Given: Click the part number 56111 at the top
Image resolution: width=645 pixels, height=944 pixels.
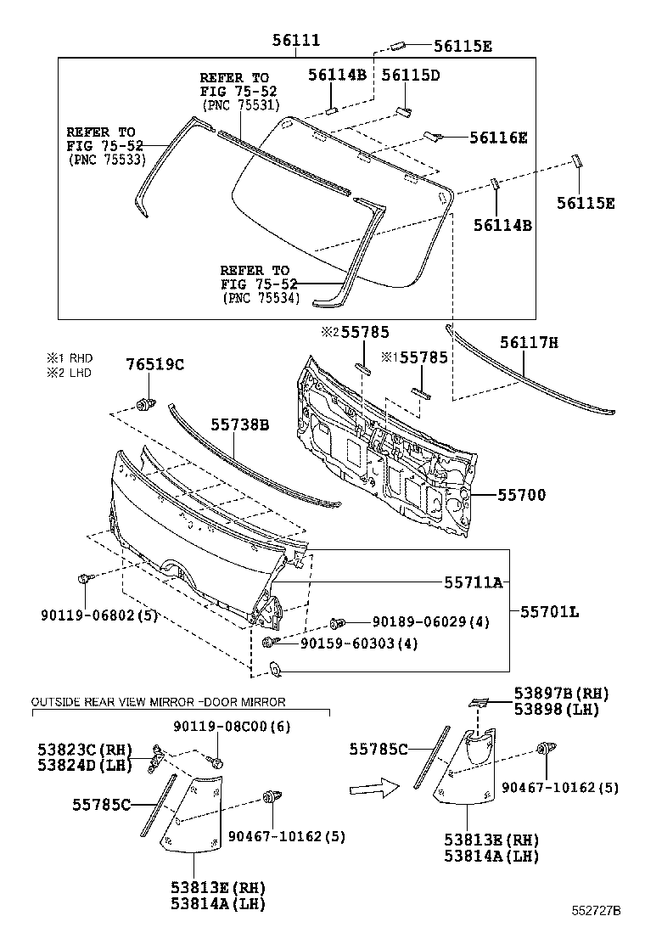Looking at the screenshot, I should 296,40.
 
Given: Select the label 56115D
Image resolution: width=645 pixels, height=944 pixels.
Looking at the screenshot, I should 410,75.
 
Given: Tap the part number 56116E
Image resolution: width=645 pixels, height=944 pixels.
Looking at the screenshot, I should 497,138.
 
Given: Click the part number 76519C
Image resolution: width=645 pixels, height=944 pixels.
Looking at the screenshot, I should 155,365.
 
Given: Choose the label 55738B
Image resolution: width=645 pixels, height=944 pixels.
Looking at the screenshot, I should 240,424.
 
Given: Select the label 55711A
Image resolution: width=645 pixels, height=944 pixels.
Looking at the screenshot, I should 474,582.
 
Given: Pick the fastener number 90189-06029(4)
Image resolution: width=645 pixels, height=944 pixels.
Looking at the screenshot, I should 419,622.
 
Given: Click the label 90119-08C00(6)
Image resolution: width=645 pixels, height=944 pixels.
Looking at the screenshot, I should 220,727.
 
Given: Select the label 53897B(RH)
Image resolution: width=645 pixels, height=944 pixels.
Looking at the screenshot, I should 561,693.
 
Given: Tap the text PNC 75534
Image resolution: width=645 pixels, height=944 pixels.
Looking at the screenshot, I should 257,298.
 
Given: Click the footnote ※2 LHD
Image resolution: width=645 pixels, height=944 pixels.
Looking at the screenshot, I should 70,372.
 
